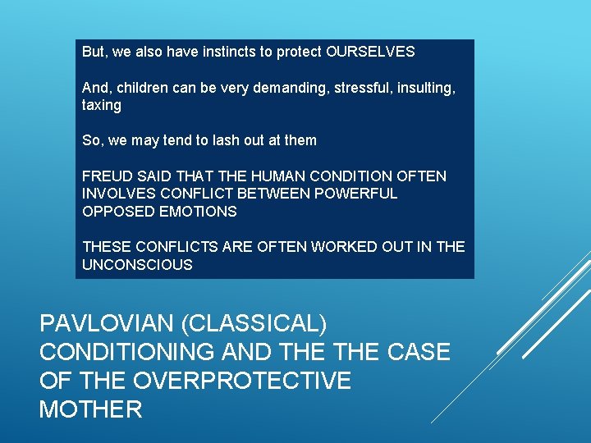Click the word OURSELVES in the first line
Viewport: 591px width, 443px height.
370,52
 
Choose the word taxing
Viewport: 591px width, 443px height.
102,105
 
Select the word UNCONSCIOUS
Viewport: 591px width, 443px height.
137,264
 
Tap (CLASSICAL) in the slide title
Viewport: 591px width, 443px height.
258,324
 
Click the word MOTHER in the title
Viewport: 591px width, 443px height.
90,409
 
